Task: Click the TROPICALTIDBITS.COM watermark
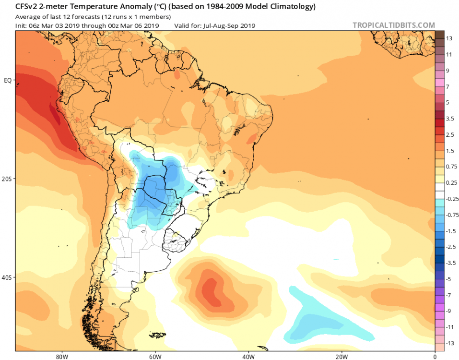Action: pyautogui.click(x=393, y=25)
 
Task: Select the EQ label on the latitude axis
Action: pyautogui.click(x=7, y=81)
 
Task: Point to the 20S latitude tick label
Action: pyautogui.click(x=7, y=179)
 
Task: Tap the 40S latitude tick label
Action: pyautogui.click(x=7, y=277)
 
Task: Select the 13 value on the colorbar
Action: pyautogui.click(x=449, y=38)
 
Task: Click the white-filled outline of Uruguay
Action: pyautogui.click(x=177, y=240)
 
